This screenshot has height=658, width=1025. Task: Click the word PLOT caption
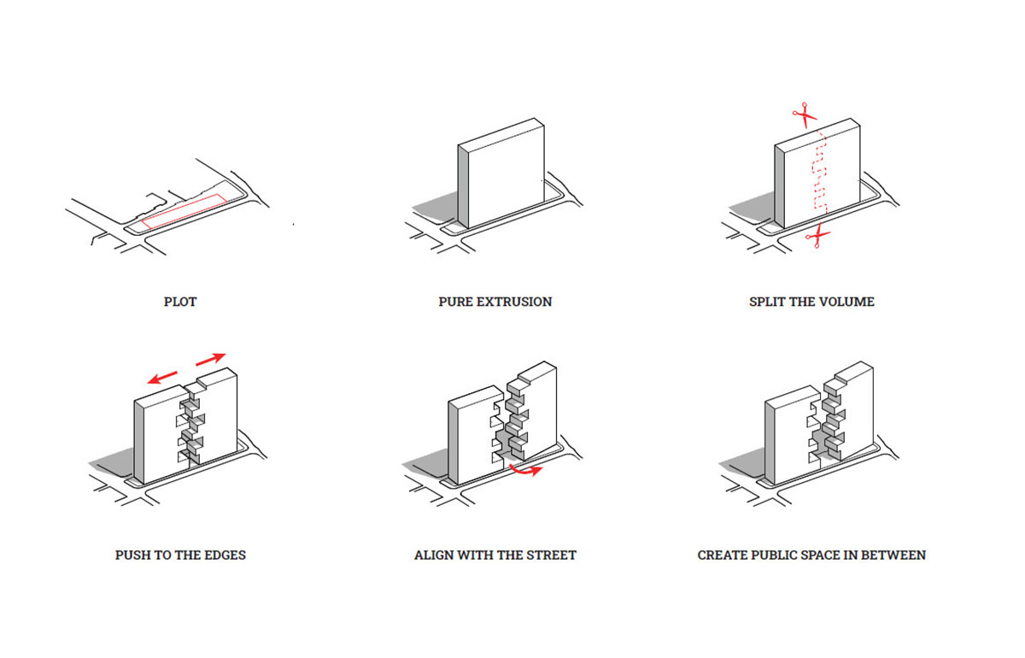click(180, 302)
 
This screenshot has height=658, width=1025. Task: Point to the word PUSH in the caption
click(133, 555)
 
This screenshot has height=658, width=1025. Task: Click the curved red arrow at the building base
click(524, 471)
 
